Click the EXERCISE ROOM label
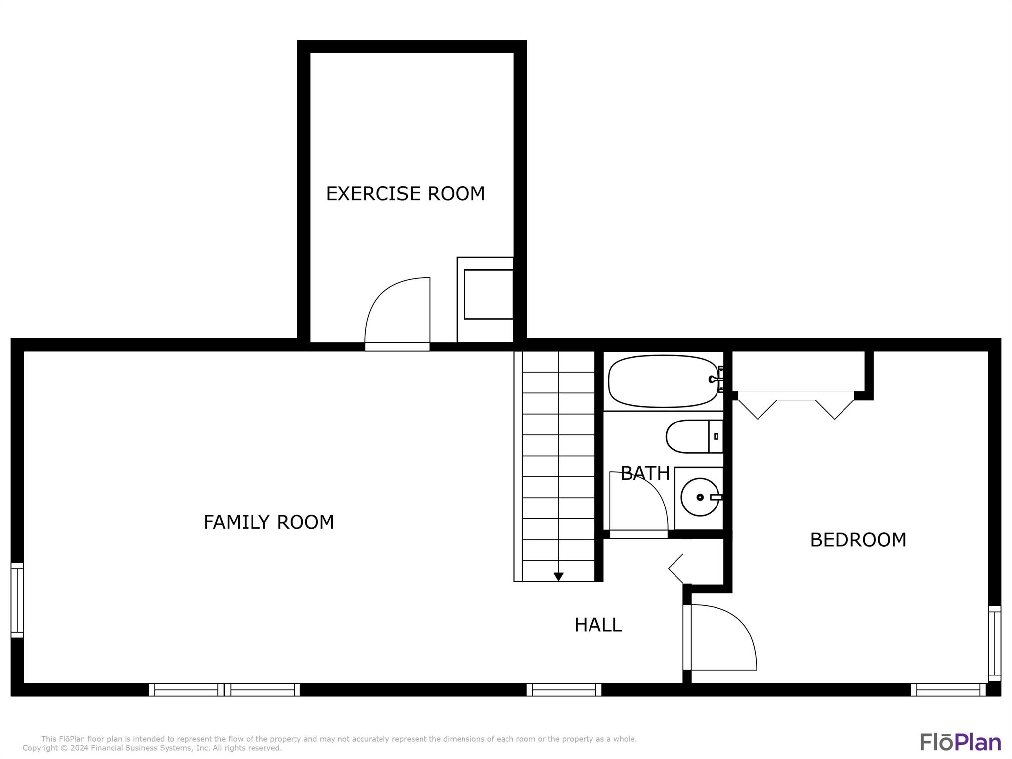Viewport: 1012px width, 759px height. pyautogui.click(x=405, y=193)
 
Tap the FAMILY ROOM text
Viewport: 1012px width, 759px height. pyautogui.click(x=269, y=522)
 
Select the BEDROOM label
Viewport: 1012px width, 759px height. pyautogui.click(x=858, y=540)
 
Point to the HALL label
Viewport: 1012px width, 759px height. pyautogui.click(x=598, y=625)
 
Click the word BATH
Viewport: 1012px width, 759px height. pyautogui.click(x=645, y=474)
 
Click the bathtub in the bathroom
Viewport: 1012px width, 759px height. pyautogui.click(x=664, y=381)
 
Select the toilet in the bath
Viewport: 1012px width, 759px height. pyautogui.click(x=694, y=436)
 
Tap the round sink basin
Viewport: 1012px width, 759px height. pyautogui.click(x=700, y=497)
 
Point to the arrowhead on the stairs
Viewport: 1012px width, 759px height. pyautogui.click(x=558, y=577)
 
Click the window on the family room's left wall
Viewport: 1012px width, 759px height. pyautogui.click(x=17, y=600)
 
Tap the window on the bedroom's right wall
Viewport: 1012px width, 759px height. pyautogui.click(x=994, y=643)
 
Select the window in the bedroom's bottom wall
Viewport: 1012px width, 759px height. pyautogui.click(x=948, y=690)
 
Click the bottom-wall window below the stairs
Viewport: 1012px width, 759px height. pyautogui.click(x=564, y=690)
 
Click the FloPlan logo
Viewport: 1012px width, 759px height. pyautogui.click(x=960, y=742)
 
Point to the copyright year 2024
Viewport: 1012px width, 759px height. pyautogui.click(x=81, y=748)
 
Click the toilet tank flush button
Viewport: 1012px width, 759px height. pyautogui.click(x=716, y=436)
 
